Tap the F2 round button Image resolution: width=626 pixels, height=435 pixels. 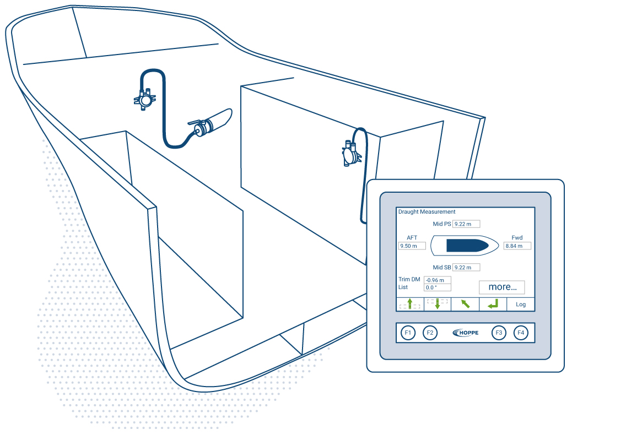430,333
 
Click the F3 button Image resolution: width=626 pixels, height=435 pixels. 499,333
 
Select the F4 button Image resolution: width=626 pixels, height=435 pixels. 521,333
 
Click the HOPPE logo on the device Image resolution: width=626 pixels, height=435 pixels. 466,333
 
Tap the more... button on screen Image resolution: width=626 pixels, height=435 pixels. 502,287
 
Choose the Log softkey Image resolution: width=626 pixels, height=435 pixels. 521,304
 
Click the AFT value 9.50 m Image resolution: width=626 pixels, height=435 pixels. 412,246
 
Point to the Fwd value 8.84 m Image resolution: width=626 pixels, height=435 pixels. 517,246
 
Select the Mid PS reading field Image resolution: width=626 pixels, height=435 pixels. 466,224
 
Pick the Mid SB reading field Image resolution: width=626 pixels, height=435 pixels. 466,268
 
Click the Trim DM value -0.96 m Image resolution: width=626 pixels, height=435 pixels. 438,280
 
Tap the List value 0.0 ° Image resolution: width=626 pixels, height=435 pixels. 438,287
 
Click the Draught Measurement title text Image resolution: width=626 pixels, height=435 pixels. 427,212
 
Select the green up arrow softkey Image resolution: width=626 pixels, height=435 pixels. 410,304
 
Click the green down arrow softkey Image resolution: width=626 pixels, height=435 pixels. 438,304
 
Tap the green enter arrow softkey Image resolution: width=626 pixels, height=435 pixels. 493,304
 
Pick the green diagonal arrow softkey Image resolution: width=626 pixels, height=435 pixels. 465,304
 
